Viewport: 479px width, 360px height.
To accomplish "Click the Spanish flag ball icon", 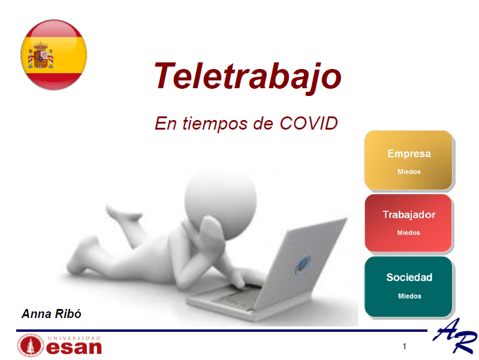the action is [x=54, y=55].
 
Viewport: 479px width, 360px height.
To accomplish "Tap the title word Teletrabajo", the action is [x=248, y=76].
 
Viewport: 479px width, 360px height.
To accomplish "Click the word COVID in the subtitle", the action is [x=309, y=123].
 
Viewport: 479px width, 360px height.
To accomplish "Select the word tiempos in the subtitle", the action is [x=215, y=124].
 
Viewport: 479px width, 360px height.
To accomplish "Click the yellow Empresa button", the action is [x=408, y=160].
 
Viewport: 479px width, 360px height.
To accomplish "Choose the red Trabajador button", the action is [x=408, y=223].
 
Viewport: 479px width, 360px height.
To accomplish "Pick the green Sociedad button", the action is [x=408, y=287].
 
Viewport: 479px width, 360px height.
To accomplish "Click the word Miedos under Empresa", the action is [x=409, y=172].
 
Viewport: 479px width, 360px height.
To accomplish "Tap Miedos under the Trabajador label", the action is [x=408, y=233].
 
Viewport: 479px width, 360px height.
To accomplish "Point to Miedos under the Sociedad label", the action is [x=409, y=296].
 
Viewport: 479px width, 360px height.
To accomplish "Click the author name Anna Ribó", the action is [x=52, y=314].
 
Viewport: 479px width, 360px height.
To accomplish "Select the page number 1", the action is [x=405, y=346].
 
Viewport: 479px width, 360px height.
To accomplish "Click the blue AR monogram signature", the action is [x=455, y=335].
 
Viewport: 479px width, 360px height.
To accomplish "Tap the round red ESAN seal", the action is [x=31, y=346].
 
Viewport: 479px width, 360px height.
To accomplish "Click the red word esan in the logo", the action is [x=74, y=348].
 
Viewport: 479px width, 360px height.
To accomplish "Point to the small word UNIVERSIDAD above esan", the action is [x=74, y=338].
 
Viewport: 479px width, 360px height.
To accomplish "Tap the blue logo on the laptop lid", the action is [x=302, y=263].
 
